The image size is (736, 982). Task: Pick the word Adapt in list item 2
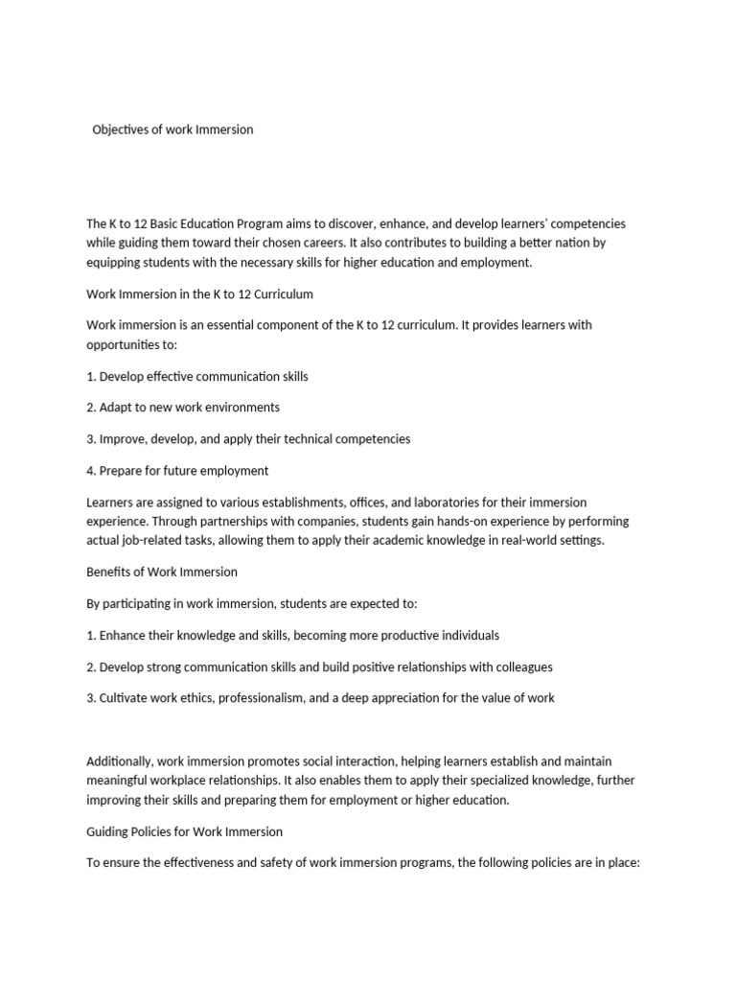[x=117, y=408]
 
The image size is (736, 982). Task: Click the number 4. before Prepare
[x=92, y=471]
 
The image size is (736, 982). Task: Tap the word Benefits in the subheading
[x=110, y=572]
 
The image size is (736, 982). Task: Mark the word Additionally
[x=119, y=761]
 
